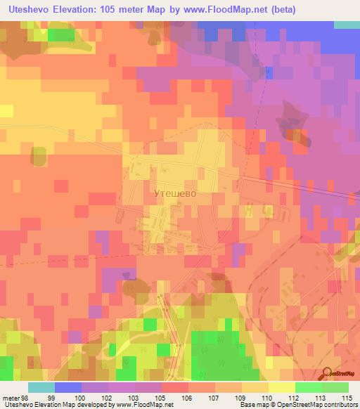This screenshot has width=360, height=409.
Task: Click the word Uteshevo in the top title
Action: point(27,10)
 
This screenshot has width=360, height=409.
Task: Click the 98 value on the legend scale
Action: point(26,397)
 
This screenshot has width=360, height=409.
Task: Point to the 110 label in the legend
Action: point(266,397)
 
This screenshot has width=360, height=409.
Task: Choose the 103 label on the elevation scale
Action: point(136,397)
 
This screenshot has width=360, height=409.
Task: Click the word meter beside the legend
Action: point(11,397)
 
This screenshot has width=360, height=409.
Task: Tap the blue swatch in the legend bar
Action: point(67,387)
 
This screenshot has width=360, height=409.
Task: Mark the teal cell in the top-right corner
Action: point(346,24)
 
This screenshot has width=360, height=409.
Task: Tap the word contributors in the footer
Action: point(338,405)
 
